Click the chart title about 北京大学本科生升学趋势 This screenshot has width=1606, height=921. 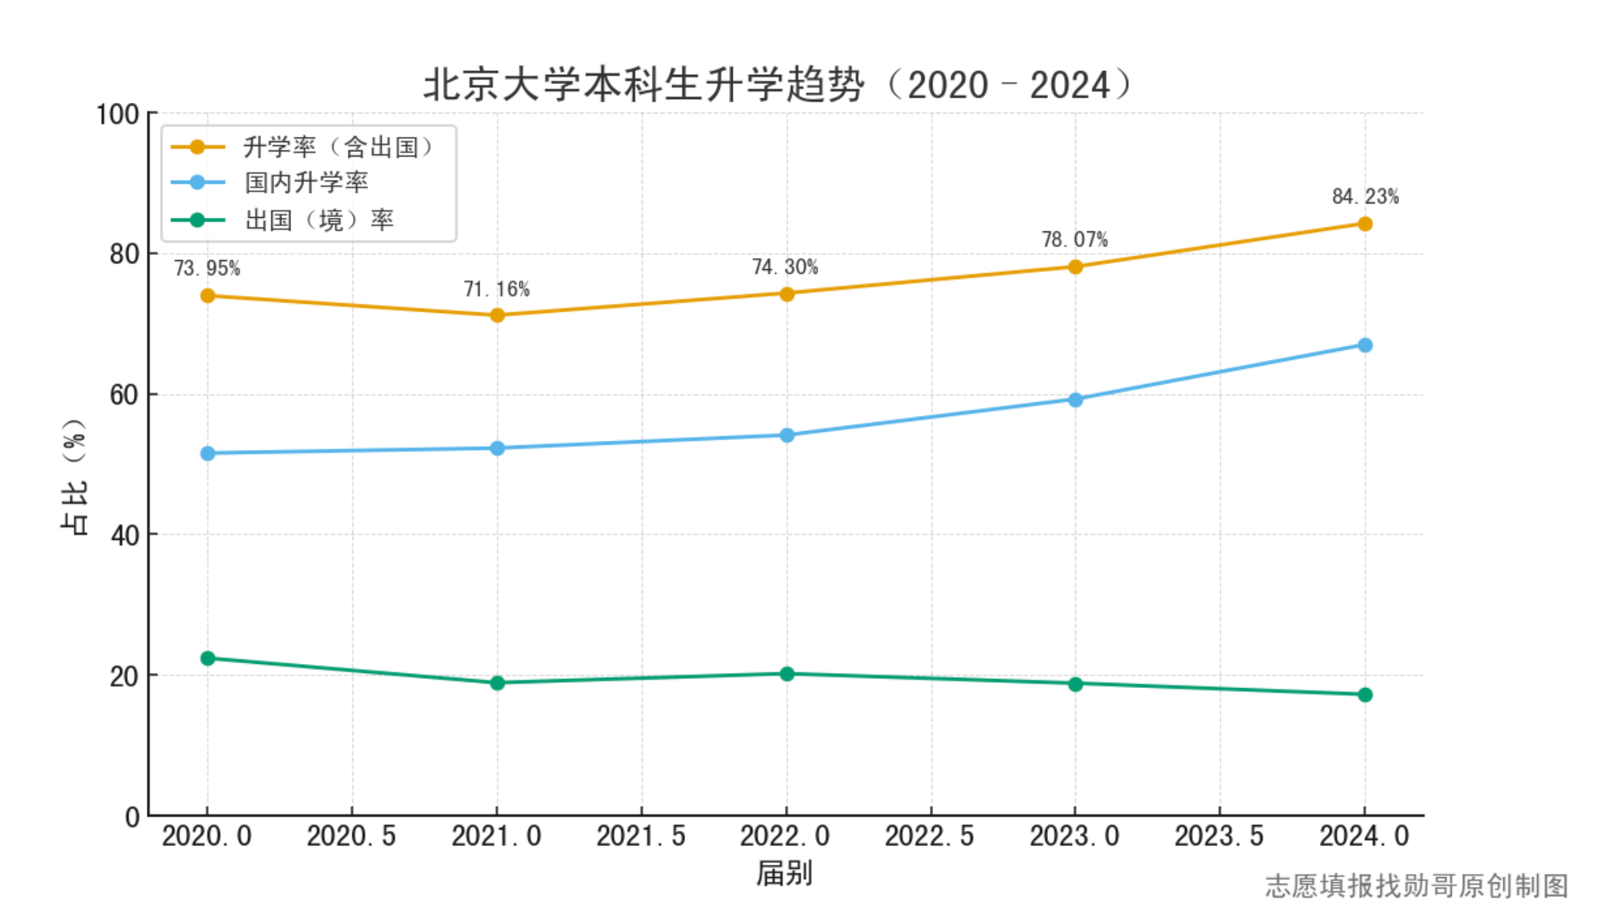[779, 84]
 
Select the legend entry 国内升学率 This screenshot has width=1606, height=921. [306, 182]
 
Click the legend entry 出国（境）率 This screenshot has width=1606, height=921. [318, 220]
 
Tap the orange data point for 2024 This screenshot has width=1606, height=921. [1365, 224]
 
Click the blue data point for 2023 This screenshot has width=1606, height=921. [1075, 399]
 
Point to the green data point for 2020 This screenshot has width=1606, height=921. [208, 659]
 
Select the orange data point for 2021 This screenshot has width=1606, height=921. [498, 315]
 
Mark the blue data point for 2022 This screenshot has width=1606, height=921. [786, 436]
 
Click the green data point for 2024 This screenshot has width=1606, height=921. [1365, 694]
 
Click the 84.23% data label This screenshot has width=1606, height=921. [1365, 197]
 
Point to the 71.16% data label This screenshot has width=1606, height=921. [497, 289]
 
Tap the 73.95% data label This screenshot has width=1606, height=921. [207, 268]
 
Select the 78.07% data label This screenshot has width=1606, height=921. [1074, 240]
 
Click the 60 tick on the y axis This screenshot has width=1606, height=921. [124, 395]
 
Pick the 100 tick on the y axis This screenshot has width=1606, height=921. [117, 114]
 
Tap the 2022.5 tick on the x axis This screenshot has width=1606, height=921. [930, 836]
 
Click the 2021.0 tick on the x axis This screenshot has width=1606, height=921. [497, 836]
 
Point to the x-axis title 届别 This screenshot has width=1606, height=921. [785, 873]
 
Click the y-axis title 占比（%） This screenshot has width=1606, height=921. [74, 476]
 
